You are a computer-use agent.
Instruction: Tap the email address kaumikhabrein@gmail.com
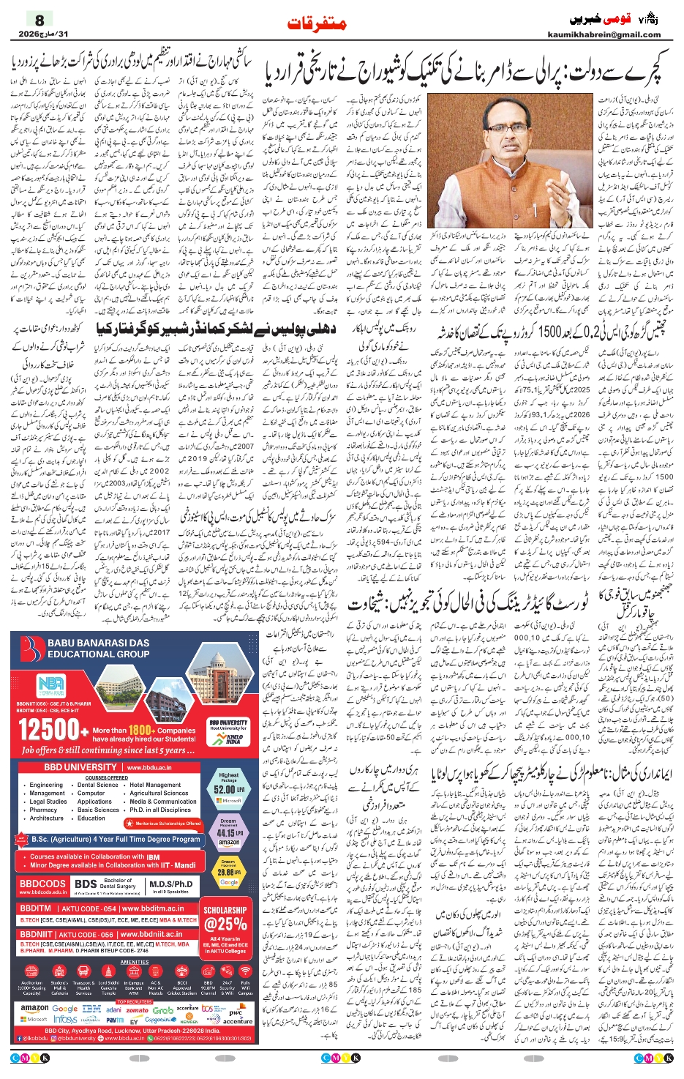(604, 34)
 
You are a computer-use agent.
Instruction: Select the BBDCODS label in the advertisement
(42, 884)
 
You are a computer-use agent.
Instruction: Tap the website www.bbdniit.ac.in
(152, 934)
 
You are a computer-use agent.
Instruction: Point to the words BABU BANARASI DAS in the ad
(98, 643)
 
